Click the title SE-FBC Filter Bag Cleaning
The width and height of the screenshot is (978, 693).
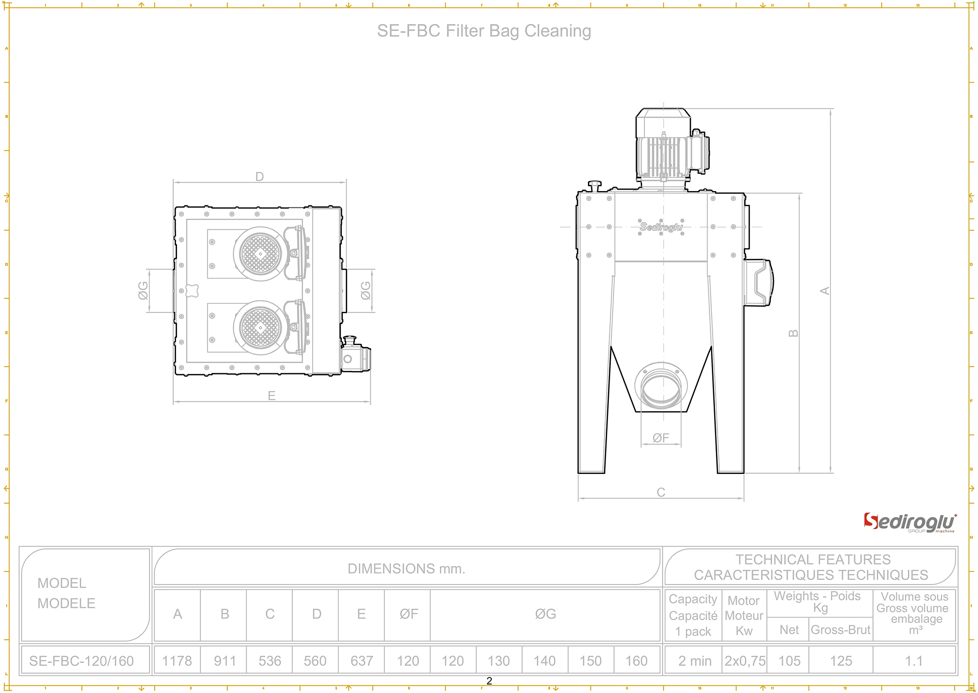click(x=484, y=31)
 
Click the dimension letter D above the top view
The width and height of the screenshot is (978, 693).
click(x=259, y=177)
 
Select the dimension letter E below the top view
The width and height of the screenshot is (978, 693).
click(x=271, y=395)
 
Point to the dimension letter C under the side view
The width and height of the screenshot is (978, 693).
click(x=661, y=492)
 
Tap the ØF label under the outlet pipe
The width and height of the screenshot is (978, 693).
click(x=661, y=438)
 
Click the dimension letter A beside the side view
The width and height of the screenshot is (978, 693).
click(x=825, y=291)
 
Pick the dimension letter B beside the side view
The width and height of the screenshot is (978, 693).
click(x=793, y=333)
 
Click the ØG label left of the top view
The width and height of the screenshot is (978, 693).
click(x=143, y=290)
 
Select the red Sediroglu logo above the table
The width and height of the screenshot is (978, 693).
click(x=909, y=522)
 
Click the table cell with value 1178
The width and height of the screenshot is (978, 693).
click(x=177, y=660)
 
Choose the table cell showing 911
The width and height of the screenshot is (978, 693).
click(x=225, y=660)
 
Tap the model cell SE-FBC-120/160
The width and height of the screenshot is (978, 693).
click(x=82, y=660)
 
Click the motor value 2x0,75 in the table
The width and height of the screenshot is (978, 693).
click(x=744, y=660)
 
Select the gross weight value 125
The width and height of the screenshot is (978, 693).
click(x=841, y=660)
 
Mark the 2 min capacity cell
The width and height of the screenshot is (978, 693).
click(x=694, y=660)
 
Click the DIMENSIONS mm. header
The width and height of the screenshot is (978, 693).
click(x=406, y=568)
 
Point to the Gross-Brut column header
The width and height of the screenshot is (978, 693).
click(x=840, y=629)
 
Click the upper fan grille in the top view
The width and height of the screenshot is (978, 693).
click(x=260, y=254)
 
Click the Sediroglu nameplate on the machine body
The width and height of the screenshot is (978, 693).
click(x=661, y=227)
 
